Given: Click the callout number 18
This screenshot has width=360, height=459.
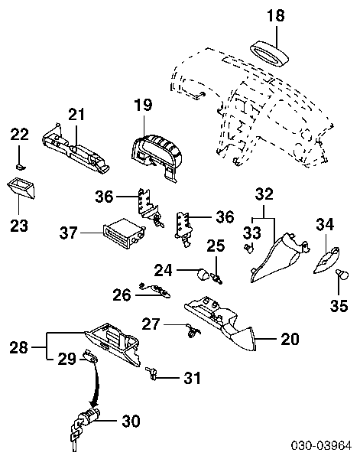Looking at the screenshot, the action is [275, 16].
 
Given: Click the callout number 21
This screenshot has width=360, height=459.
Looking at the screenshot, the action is [76, 115].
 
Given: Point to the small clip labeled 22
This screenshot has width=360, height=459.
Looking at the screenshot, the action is [20, 167].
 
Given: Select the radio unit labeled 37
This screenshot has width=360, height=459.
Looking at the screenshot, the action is [124, 234].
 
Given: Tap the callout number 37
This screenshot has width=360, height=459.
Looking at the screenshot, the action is [69, 233].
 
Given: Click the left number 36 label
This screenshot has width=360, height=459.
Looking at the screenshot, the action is [104, 197].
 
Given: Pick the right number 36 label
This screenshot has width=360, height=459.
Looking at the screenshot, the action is [225, 217].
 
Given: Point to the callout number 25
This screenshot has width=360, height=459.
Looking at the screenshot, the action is [216, 246].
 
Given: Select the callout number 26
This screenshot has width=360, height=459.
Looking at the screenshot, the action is [122, 295].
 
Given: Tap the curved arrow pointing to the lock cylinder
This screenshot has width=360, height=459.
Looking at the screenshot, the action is [96, 383].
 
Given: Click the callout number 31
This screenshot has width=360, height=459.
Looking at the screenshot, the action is [192, 378].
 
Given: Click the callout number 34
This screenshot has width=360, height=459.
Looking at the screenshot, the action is [325, 225].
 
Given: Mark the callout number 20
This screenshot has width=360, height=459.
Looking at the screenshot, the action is [290, 339].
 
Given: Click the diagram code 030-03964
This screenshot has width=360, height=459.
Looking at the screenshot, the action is [321, 445].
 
